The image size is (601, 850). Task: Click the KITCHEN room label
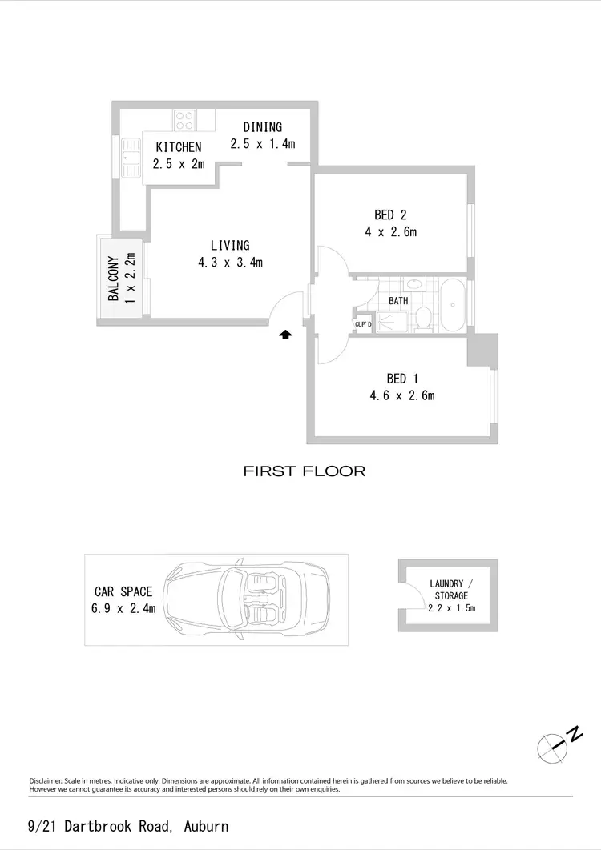click(x=179, y=147)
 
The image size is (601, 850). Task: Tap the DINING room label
click(x=263, y=126)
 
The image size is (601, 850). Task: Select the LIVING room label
click(x=230, y=245)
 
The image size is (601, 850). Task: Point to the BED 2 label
click(x=390, y=215)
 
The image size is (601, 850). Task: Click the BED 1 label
click(x=402, y=378)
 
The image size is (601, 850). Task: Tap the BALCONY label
click(x=114, y=279)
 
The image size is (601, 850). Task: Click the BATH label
click(x=398, y=300)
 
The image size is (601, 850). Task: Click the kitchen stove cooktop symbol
click(x=184, y=120)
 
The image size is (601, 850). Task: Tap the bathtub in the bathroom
click(x=454, y=304)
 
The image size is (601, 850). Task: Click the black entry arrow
click(x=284, y=335)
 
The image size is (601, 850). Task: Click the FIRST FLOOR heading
click(x=305, y=471)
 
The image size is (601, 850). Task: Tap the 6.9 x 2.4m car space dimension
click(x=123, y=608)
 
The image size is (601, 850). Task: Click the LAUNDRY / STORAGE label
click(x=451, y=590)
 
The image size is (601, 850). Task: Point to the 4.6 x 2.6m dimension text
click(x=402, y=395)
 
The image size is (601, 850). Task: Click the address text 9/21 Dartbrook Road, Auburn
click(x=128, y=826)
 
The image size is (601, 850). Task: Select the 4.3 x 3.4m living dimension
click(x=231, y=262)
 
